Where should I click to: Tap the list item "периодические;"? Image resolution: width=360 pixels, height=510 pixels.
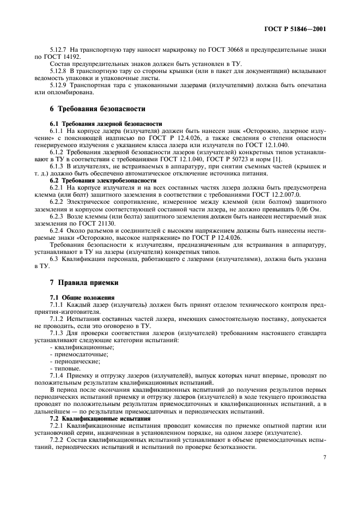pos(76,361)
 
